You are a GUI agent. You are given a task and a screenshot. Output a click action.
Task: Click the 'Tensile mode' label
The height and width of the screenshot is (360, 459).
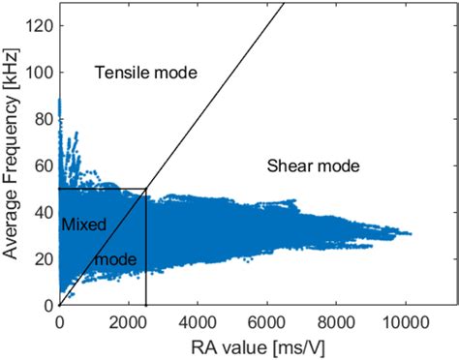click(145, 73)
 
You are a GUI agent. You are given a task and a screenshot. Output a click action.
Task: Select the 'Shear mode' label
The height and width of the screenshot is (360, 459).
click(313, 166)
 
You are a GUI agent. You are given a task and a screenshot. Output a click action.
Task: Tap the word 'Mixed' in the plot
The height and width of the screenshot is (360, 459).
click(83, 225)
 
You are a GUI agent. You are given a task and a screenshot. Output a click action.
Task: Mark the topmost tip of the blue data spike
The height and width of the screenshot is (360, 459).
click(60, 100)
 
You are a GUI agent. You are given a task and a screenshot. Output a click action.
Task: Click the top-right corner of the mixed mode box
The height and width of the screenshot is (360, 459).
click(146, 189)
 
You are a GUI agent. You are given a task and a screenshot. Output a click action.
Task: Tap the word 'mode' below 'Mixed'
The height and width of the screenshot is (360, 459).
click(114, 259)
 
